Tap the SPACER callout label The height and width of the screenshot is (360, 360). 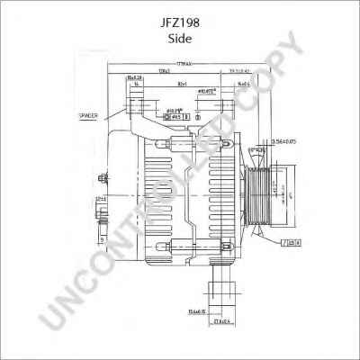(87, 117)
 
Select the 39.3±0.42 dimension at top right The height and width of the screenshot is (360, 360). (238, 70)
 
